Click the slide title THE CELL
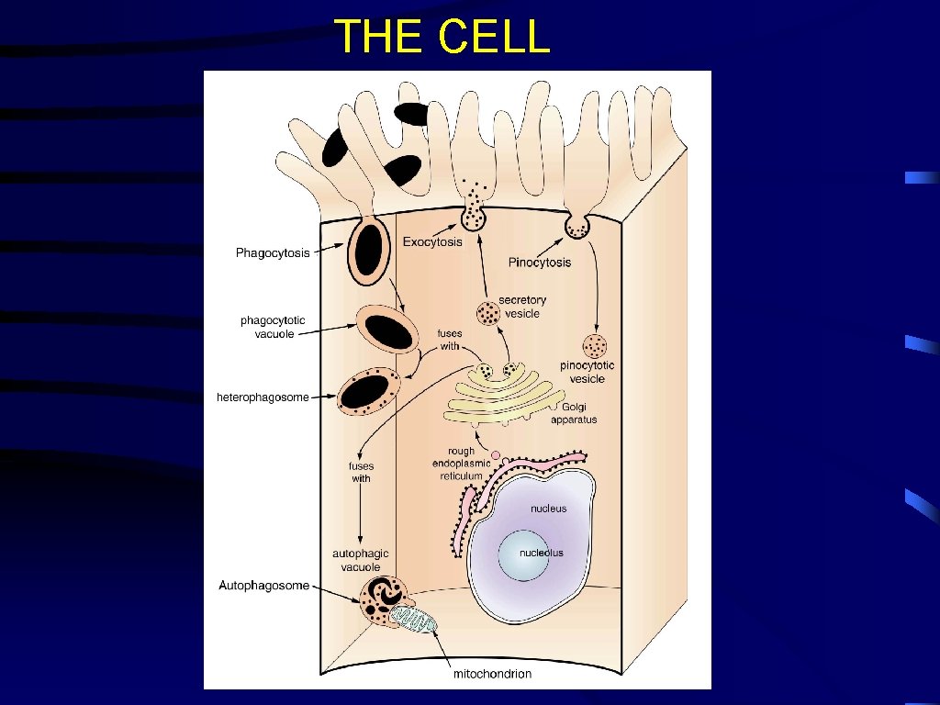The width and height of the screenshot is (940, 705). coord(442,38)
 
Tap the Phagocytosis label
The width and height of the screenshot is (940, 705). coord(273,252)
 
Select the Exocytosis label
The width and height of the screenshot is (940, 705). coord(432,242)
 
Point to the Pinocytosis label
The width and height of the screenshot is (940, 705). coord(540,263)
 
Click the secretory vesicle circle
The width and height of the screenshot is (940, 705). coord(488,315)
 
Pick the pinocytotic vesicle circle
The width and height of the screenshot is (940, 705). coord(596,347)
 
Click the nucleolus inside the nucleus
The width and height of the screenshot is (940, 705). coord(541,554)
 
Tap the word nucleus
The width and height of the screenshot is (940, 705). coord(549,509)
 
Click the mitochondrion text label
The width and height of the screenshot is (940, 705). coord(493,674)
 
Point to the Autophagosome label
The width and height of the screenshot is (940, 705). coord(263,585)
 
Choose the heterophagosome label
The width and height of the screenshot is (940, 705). coord(263,397)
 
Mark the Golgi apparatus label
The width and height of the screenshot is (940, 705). coord(574,413)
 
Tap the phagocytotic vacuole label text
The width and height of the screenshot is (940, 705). coord(273,327)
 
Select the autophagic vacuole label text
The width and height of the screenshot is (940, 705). coord(361,560)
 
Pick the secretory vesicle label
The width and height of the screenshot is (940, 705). coord(522,307)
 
